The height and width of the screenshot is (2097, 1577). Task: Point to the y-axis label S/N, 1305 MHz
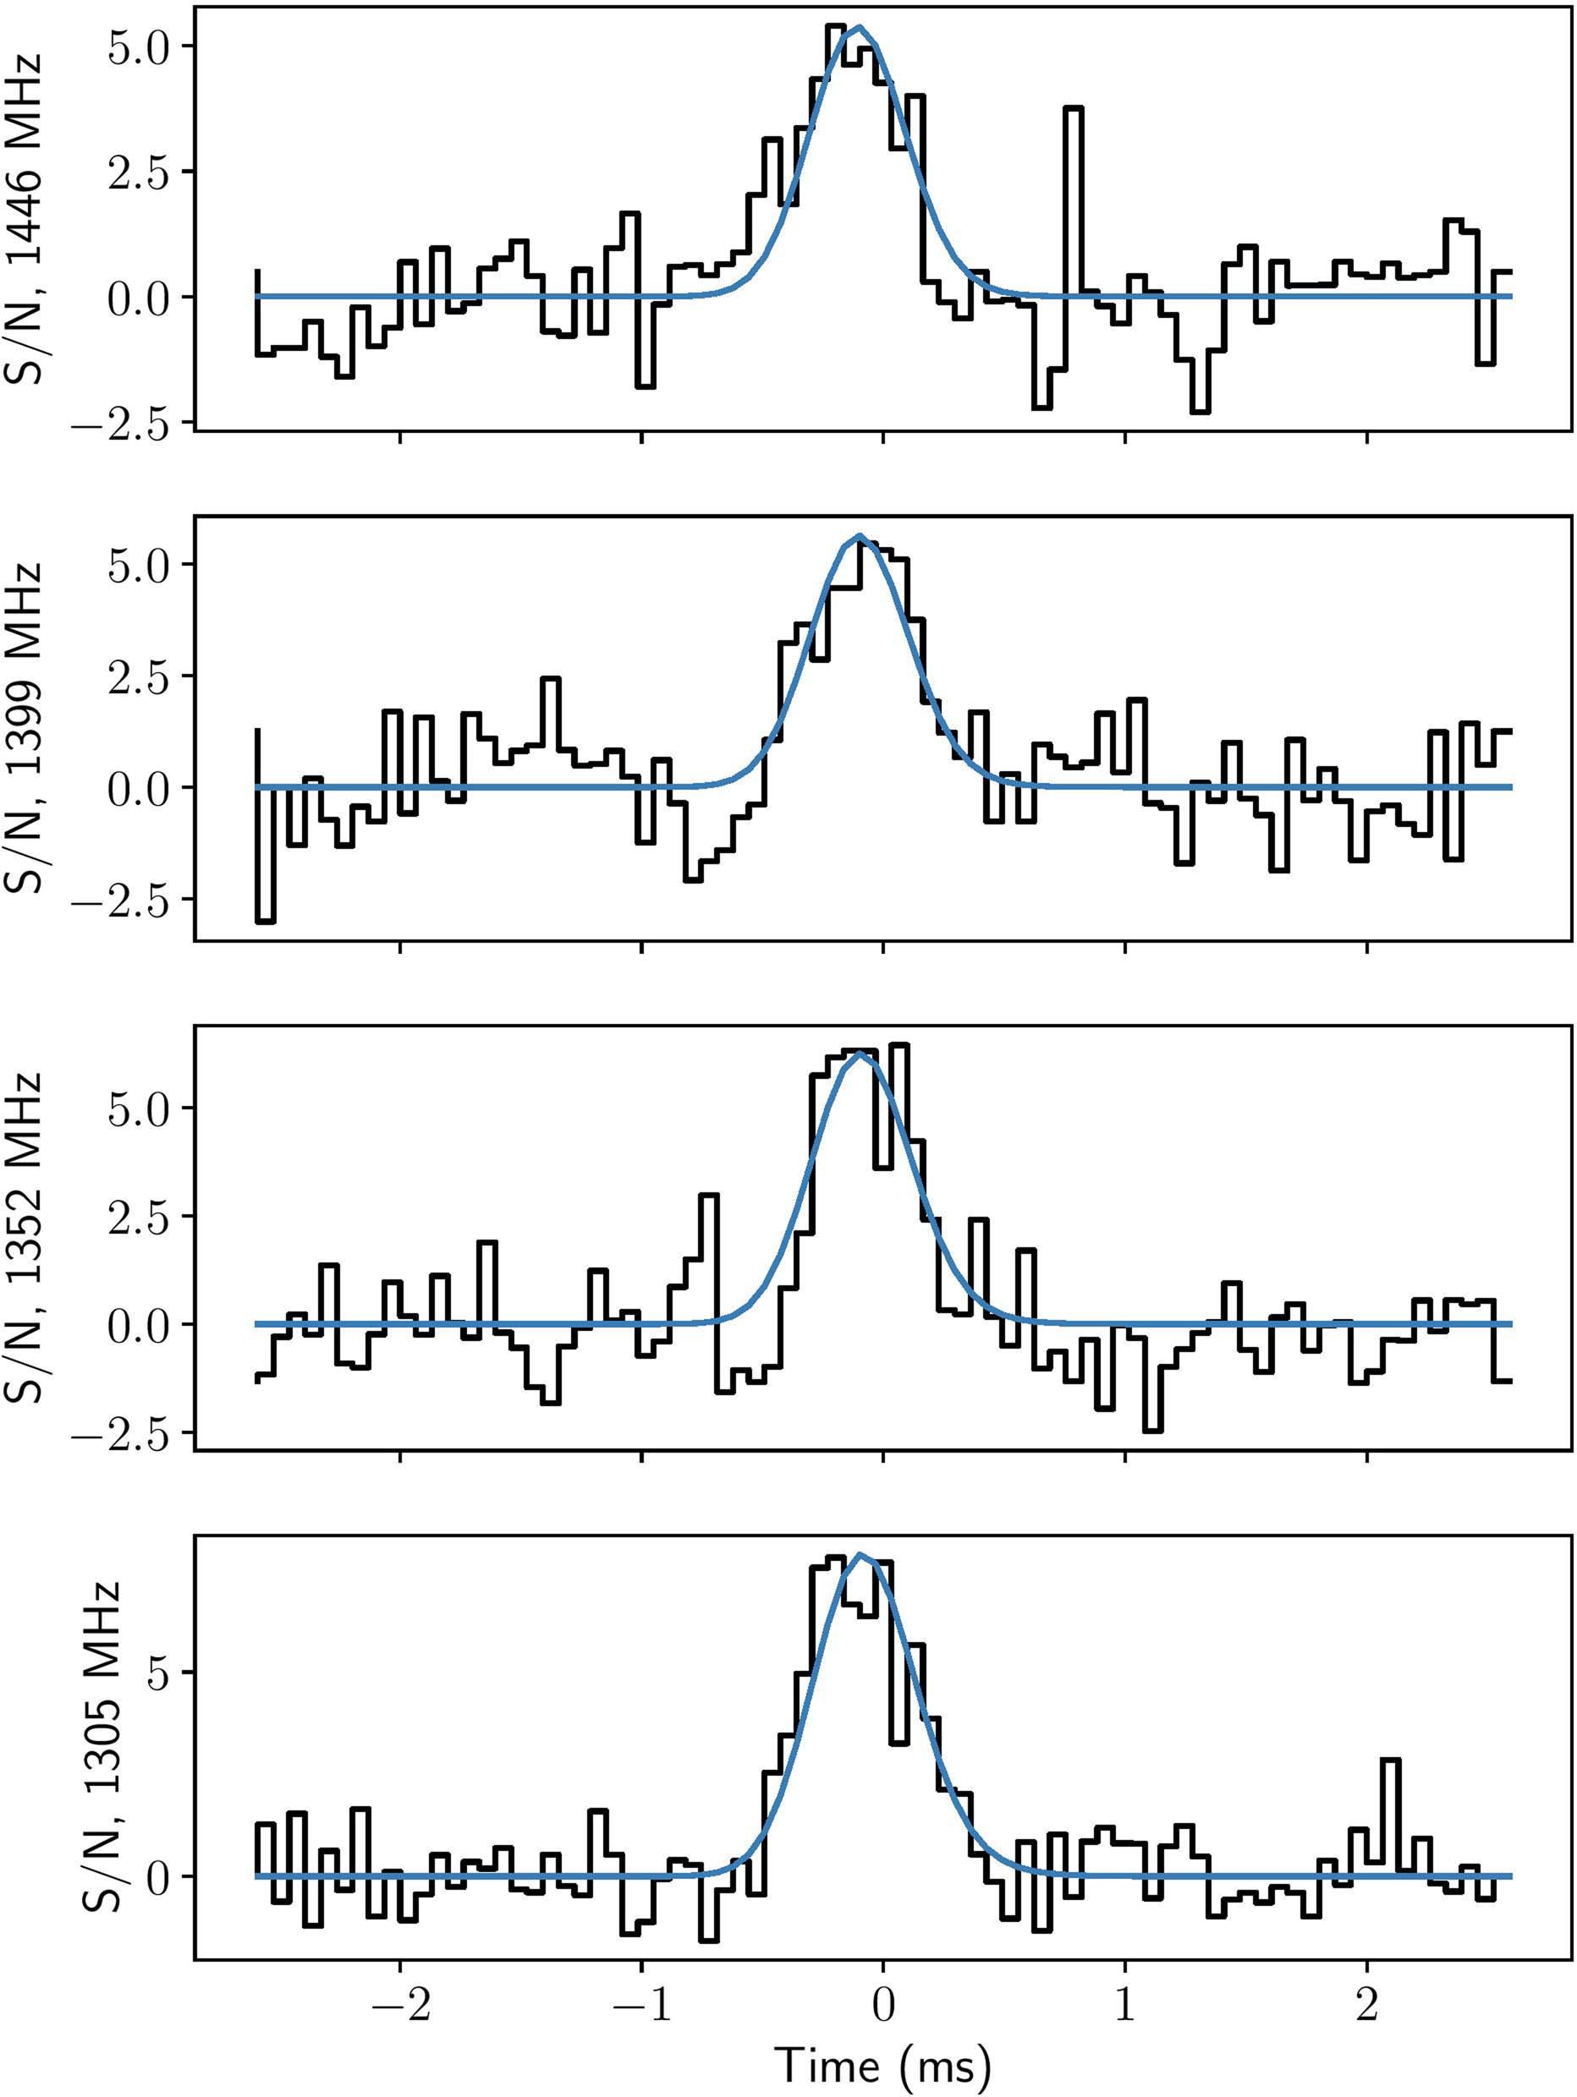tap(102, 1745)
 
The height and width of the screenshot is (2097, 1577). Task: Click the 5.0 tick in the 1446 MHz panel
tap(138, 47)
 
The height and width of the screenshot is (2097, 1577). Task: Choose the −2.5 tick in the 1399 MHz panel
tap(124, 900)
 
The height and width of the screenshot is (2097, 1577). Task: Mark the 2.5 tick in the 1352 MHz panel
tap(138, 1215)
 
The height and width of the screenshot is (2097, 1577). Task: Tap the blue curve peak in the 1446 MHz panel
tap(858, 26)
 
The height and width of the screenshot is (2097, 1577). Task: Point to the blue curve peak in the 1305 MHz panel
tap(860, 1554)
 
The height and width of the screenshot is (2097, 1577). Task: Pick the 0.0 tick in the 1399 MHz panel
tap(138, 788)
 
